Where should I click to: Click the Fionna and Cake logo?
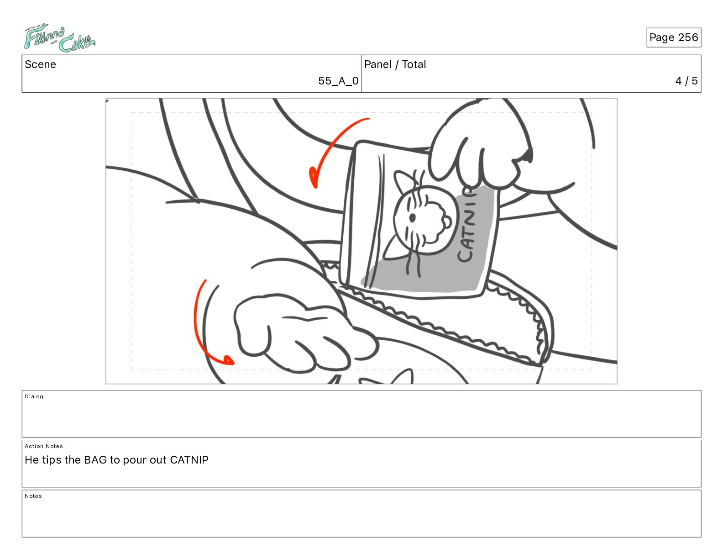point(59,38)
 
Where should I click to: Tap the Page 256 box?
point(673,37)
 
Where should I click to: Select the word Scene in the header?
point(40,64)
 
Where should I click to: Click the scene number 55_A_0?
point(338,80)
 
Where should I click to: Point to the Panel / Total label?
point(395,64)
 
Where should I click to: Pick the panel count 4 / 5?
point(686,80)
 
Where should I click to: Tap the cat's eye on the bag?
point(412,218)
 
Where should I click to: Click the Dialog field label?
point(34,396)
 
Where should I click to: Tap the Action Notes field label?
point(43,446)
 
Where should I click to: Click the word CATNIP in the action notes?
point(189,460)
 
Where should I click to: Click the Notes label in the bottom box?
point(33,496)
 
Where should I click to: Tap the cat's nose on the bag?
point(447,222)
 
